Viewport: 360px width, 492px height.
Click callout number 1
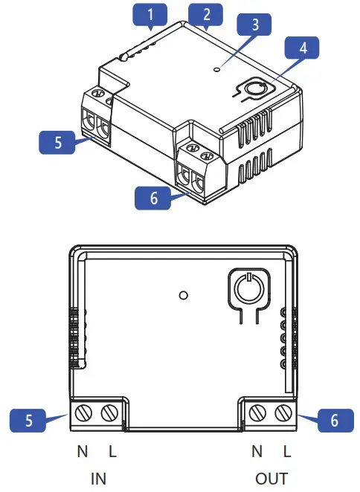pyautogui.click(x=152, y=13)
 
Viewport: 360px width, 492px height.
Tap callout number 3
pyautogui.click(x=255, y=24)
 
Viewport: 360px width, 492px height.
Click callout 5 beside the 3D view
pyautogui.click(x=57, y=141)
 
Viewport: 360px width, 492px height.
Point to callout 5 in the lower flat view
pyautogui.click(x=28, y=421)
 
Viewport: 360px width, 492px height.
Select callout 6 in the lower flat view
pyautogui.click(x=333, y=421)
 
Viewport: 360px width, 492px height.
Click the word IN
pyautogui.click(x=97, y=478)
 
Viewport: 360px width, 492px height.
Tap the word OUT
pyautogui.click(x=271, y=478)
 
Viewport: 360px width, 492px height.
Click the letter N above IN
pyautogui.click(x=83, y=451)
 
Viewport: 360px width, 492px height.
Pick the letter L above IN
pyautogui.click(x=112, y=451)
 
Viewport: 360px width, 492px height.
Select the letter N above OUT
pyautogui.click(x=257, y=451)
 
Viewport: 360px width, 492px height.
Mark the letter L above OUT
pyautogui.click(x=286, y=451)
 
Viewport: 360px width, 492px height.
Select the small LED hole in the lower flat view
pyautogui.click(x=184, y=295)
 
